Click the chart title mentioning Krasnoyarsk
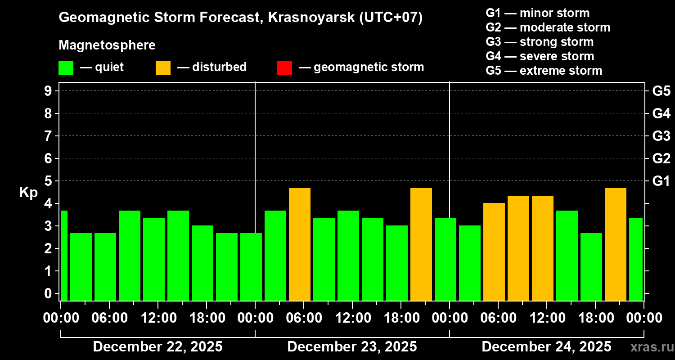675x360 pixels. (x=241, y=18)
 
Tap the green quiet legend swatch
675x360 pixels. (x=66, y=68)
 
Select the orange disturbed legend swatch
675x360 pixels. (x=163, y=68)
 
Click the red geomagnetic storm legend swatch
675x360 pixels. (x=284, y=68)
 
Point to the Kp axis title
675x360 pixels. (x=28, y=193)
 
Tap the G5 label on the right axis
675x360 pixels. (x=661, y=91)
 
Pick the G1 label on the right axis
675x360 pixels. (x=661, y=181)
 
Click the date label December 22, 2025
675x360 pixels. (x=157, y=347)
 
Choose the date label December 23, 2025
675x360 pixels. (x=352, y=347)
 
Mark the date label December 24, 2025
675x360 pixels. (x=546, y=347)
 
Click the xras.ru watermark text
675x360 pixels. (x=648, y=347)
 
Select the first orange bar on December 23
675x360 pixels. (x=300, y=244)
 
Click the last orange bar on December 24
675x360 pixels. (x=616, y=244)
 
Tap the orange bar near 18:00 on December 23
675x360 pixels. (x=421, y=244)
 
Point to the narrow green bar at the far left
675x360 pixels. (x=64, y=255)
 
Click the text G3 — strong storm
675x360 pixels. (x=540, y=42)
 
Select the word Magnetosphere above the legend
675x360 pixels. (x=107, y=45)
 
